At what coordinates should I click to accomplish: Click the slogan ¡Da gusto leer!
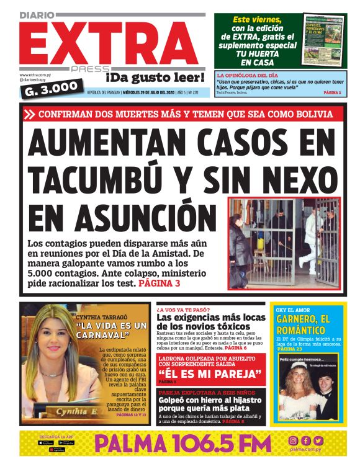(x=155, y=78)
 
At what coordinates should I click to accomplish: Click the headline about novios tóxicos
(x=210, y=321)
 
